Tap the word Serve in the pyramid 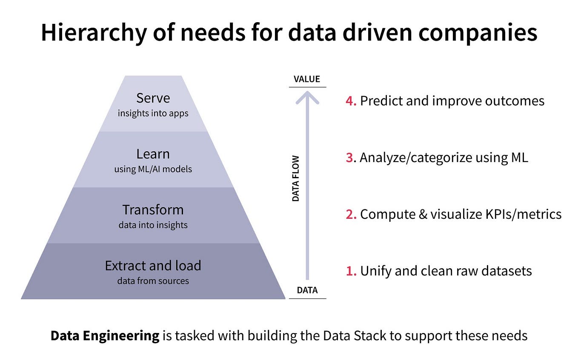(x=153, y=98)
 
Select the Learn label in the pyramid (x=153, y=154)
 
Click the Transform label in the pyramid (x=153, y=210)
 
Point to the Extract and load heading (x=153, y=266)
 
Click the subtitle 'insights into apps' (x=153, y=113)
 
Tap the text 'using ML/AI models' (x=153, y=169)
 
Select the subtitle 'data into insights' (x=153, y=225)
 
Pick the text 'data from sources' (x=153, y=281)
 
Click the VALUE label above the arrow (x=307, y=79)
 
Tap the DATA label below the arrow (x=307, y=290)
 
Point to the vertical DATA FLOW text (x=296, y=178)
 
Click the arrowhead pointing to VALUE (x=307, y=97)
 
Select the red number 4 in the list (x=350, y=101)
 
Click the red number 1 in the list (x=350, y=271)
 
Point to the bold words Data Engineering (x=105, y=336)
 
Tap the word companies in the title (x=478, y=33)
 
